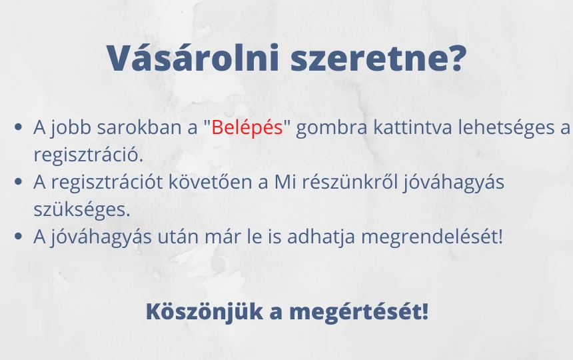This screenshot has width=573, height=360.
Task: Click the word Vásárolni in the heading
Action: pyautogui.click(x=193, y=57)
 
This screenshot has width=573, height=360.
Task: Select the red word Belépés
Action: pyautogui.click(x=247, y=127)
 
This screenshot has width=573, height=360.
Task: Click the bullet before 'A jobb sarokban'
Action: pyautogui.click(x=18, y=127)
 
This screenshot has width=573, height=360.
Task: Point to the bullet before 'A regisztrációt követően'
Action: pyautogui.click(x=18, y=181)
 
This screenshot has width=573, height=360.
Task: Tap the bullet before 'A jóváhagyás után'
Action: pyautogui.click(x=18, y=236)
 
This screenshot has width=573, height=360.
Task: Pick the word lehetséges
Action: pyautogui.click(x=506, y=128)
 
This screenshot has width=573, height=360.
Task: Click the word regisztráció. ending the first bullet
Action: pyautogui.click(x=88, y=155)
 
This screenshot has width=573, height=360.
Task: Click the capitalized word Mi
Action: pyautogui.click(x=285, y=181)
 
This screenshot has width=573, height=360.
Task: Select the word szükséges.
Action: pyautogui.click(x=82, y=209)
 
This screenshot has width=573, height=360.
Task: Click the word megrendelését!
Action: pyautogui.click(x=432, y=237)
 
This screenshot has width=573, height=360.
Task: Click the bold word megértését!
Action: pyautogui.click(x=358, y=313)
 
